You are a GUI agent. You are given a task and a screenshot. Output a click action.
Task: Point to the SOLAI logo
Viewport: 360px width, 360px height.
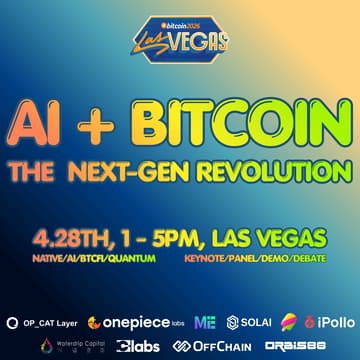click(x=249, y=323)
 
